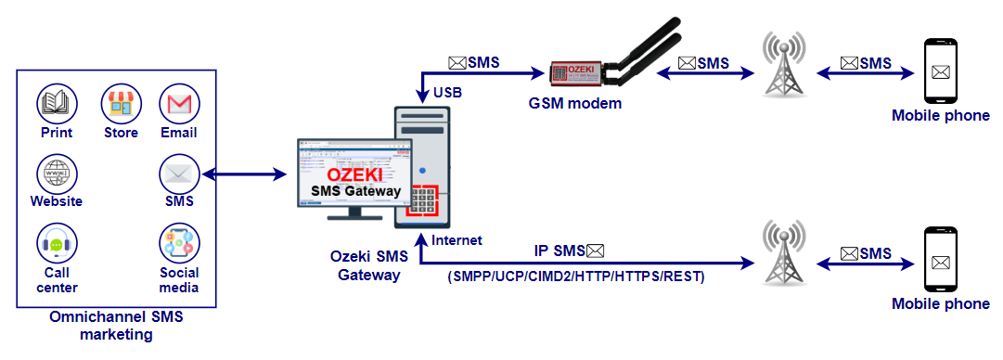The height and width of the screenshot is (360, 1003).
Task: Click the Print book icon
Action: click(x=57, y=103)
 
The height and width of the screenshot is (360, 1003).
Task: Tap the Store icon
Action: click(x=121, y=103)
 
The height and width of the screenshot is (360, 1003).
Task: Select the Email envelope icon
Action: click(x=179, y=103)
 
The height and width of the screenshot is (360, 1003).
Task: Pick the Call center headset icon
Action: click(x=57, y=244)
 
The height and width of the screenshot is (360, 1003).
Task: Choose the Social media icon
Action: click(x=179, y=244)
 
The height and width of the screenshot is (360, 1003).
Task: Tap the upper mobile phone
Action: click(x=940, y=71)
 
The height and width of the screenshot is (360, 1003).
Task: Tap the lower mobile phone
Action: click(x=940, y=260)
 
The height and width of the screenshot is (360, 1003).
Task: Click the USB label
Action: click(x=447, y=93)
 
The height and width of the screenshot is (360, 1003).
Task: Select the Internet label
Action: click(x=457, y=239)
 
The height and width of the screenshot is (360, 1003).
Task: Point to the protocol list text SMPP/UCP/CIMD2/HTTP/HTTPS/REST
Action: click(x=576, y=276)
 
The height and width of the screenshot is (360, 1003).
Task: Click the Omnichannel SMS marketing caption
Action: click(x=116, y=326)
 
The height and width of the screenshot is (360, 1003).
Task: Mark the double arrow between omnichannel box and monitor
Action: click(x=244, y=174)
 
